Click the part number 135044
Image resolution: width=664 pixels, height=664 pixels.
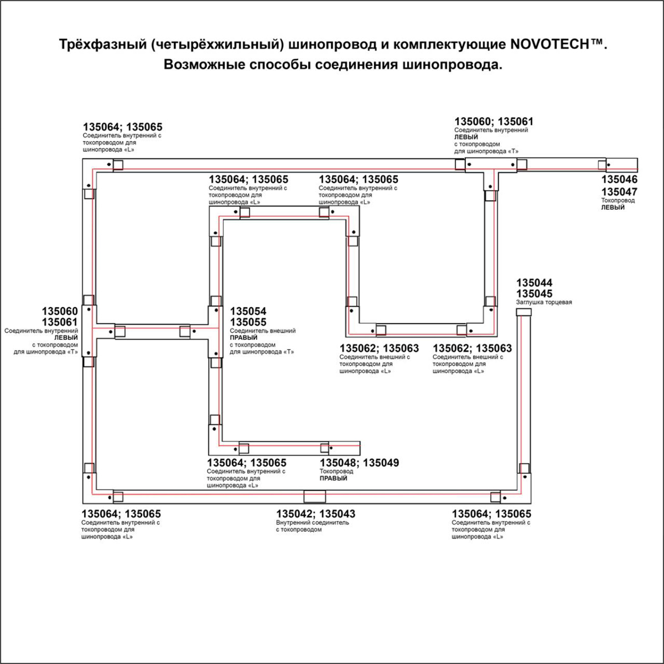[x=534, y=283]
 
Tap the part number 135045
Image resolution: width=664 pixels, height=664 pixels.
[x=534, y=294]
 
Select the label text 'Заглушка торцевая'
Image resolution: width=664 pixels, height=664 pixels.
[x=544, y=303]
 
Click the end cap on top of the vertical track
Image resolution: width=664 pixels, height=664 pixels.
[x=523, y=313]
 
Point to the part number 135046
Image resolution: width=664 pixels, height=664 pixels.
[x=619, y=179]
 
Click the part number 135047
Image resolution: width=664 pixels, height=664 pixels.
[x=619, y=192]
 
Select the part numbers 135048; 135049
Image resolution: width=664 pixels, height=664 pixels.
[x=359, y=463]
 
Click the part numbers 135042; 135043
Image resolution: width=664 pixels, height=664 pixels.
[x=316, y=514]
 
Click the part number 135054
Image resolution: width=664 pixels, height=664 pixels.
[x=248, y=312]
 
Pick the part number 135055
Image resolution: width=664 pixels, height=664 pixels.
[x=248, y=322]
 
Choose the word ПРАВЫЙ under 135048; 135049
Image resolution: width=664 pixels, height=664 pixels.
[x=334, y=479]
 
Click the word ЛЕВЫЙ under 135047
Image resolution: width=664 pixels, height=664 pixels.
[x=613, y=207]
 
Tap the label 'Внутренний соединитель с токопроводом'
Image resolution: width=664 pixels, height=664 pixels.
[x=313, y=526]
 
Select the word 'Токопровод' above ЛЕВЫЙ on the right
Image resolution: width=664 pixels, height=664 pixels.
[x=618, y=200]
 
